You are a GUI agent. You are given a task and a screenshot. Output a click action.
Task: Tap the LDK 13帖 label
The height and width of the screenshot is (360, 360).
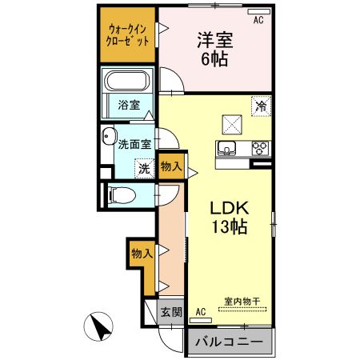coord(230,216)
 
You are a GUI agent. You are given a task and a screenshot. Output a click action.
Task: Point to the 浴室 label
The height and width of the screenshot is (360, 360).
coord(127,104)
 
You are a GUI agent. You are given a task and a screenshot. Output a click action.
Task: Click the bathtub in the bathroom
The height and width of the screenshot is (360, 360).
coord(128,82)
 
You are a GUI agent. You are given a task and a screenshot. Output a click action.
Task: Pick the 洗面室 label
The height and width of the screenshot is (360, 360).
coord(134,145)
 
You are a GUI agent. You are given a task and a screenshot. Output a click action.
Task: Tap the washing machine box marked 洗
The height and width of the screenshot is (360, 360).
coord(144,169)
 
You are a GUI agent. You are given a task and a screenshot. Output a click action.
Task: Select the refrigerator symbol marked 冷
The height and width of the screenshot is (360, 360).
coord(260,105)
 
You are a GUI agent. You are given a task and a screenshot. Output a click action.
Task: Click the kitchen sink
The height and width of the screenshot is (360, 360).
coord(227,148)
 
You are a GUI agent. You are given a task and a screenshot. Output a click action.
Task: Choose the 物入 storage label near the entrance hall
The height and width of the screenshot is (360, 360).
coord(142,253)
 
